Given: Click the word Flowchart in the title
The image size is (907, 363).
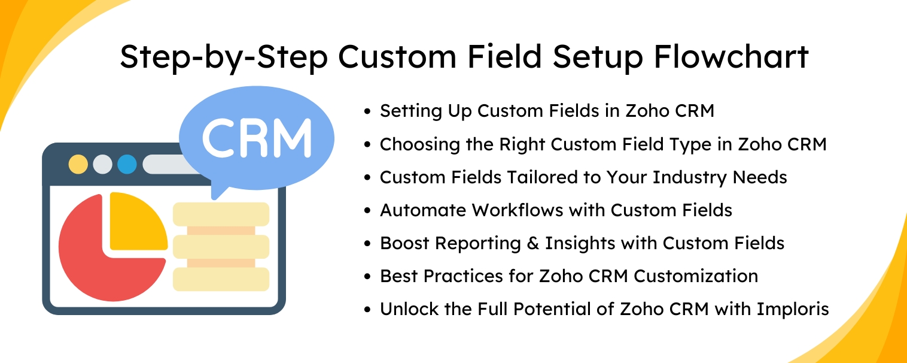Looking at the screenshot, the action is [731, 56].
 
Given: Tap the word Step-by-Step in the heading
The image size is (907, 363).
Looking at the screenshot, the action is [224, 59].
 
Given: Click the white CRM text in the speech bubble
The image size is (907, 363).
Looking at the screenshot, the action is [257, 138].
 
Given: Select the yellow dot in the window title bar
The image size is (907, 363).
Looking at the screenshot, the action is [78, 164].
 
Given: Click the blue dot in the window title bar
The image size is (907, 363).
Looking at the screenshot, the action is [127, 164].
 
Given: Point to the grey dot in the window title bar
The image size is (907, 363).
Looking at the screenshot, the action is [102, 164].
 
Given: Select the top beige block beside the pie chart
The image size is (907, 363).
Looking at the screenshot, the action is [221, 214].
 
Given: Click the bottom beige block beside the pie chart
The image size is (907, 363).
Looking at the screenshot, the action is [221, 280].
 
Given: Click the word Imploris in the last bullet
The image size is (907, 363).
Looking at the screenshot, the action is [793, 310].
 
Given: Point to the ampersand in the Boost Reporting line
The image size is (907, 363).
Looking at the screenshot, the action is [533, 243].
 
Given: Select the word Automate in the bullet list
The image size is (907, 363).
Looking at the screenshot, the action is [423, 210].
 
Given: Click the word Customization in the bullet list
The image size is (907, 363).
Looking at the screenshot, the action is [696, 276].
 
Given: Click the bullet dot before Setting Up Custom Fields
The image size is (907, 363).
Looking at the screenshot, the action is [367, 111].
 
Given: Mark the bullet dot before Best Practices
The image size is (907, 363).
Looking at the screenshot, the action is [367, 277].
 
